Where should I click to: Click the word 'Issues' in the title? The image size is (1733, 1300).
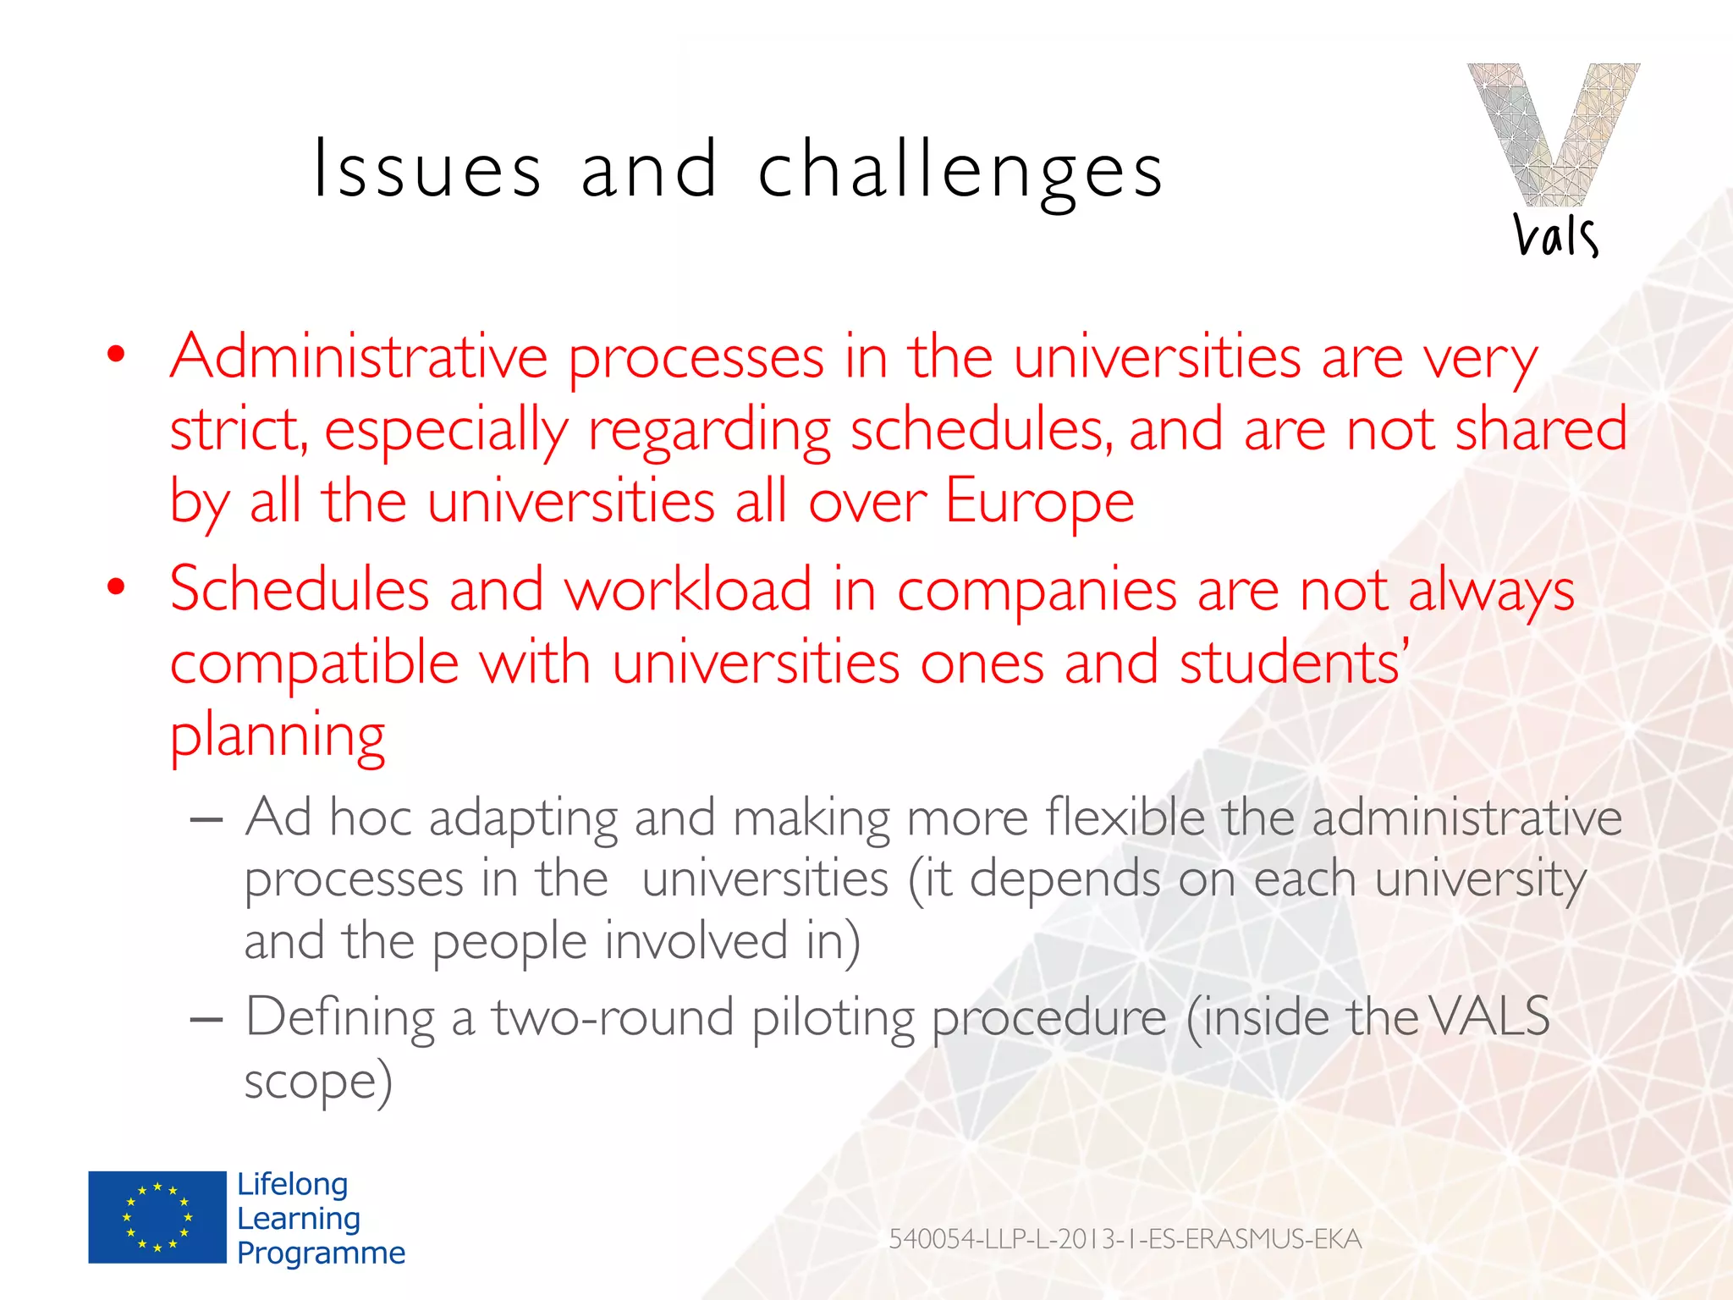pyautogui.click(x=426, y=170)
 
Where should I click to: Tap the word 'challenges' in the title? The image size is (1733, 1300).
pyautogui.click(x=960, y=172)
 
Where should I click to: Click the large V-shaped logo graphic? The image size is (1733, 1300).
pyautogui.click(x=1553, y=133)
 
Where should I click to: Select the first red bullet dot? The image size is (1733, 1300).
pyautogui.click(x=116, y=354)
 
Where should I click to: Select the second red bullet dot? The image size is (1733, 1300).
pyautogui.click(x=116, y=586)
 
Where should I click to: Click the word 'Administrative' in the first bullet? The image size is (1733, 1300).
pyautogui.click(x=359, y=357)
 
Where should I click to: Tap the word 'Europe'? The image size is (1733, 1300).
pyautogui.click(x=1039, y=501)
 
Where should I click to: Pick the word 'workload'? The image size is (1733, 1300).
pyautogui.click(x=688, y=589)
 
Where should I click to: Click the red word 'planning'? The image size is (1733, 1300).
pyautogui.click(x=278, y=736)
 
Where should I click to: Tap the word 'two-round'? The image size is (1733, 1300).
pyautogui.click(x=613, y=1016)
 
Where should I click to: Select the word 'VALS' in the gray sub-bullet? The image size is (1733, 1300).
pyautogui.click(x=1491, y=1016)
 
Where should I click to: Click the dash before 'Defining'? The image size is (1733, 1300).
pyautogui.click(x=206, y=1019)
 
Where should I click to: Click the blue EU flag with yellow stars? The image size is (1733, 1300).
pyautogui.click(x=157, y=1217)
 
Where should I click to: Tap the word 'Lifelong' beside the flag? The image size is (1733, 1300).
pyautogui.click(x=292, y=1184)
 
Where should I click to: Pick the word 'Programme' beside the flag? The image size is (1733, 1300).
pyautogui.click(x=321, y=1253)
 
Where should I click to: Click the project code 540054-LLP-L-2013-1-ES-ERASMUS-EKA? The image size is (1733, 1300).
pyautogui.click(x=1125, y=1239)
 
